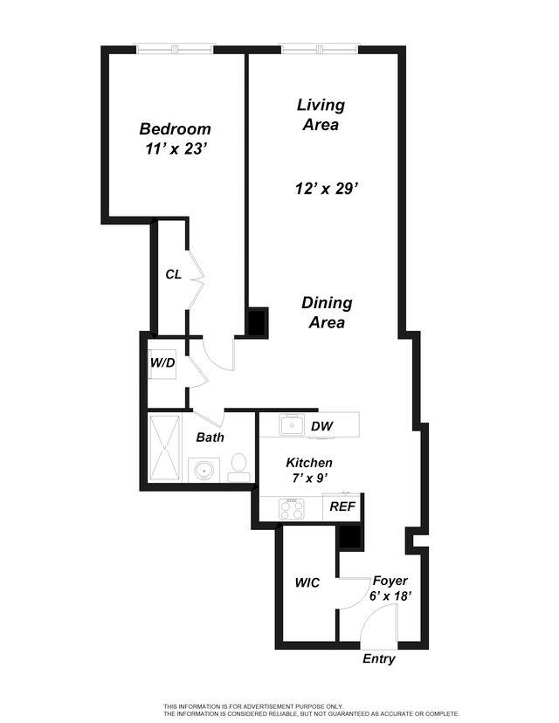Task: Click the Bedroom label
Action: click(x=175, y=129)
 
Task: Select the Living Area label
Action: click(x=321, y=114)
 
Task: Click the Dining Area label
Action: click(x=327, y=313)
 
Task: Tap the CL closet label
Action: click(x=174, y=274)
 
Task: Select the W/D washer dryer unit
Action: click(x=162, y=362)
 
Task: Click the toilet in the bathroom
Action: click(x=238, y=469)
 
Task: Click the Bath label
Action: click(x=210, y=437)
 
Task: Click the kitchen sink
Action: click(x=291, y=426)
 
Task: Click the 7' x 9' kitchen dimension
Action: click(x=309, y=479)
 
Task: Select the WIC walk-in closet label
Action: click(x=307, y=582)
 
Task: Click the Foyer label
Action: click(x=390, y=581)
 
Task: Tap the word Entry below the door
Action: click(x=379, y=659)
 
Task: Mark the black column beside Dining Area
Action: click(x=256, y=322)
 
